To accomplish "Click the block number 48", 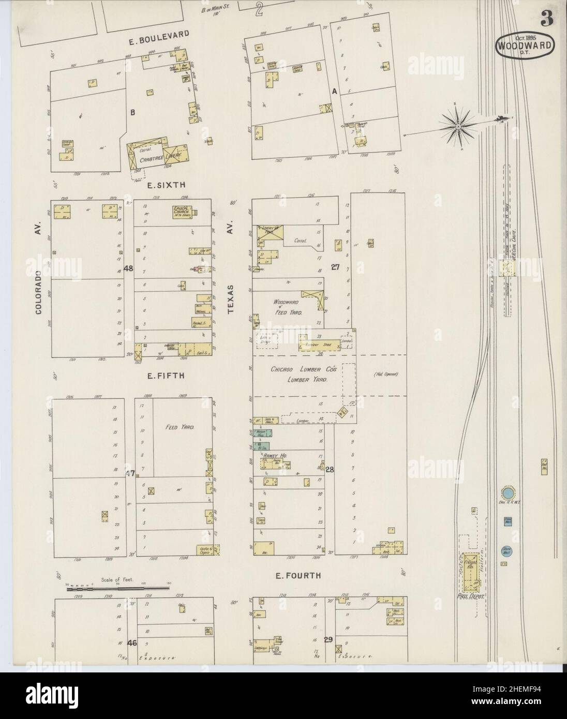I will tap(129, 268).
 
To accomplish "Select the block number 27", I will tap(335, 267).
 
